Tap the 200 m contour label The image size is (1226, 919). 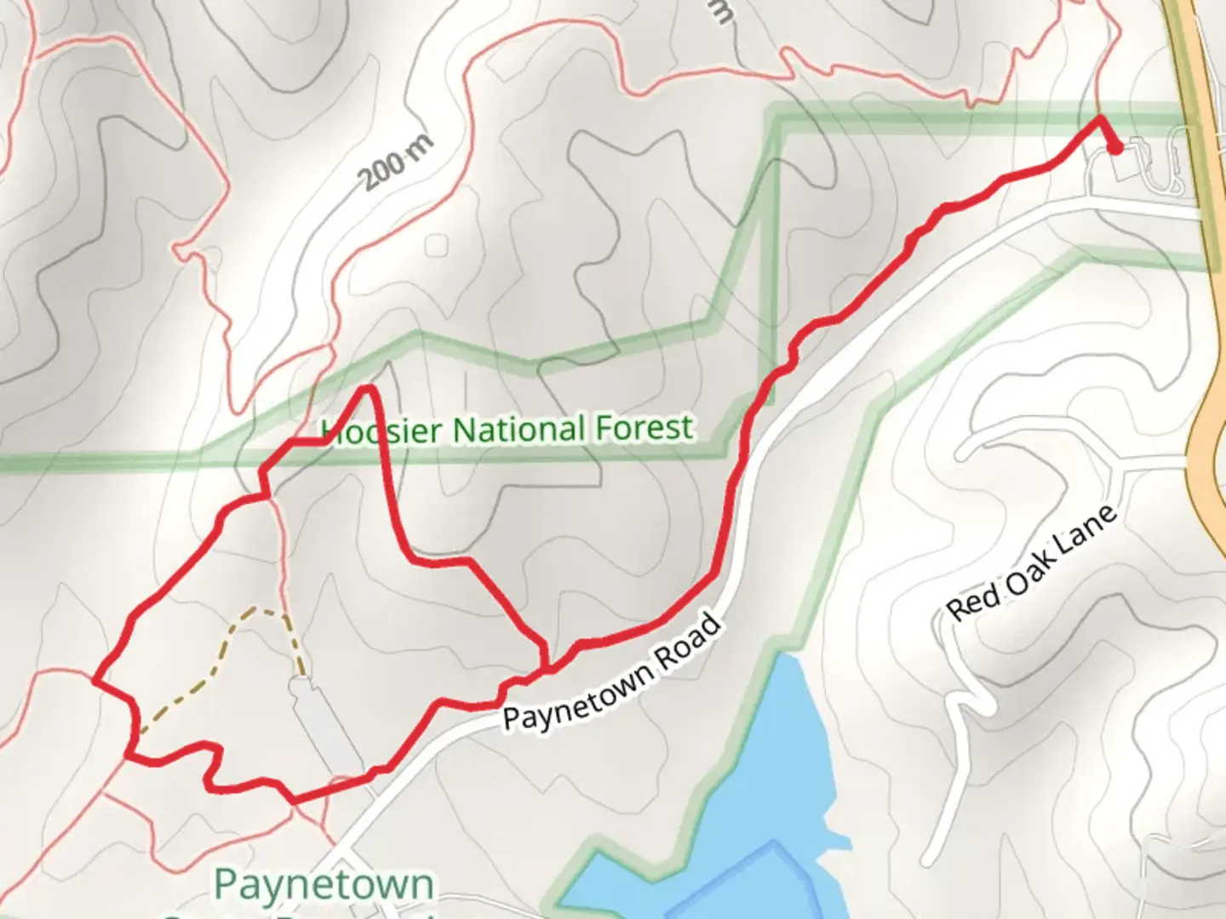point(395,162)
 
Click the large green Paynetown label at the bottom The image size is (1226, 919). point(324,885)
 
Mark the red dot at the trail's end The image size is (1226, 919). point(1114,148)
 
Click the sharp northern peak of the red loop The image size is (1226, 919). point(369,389)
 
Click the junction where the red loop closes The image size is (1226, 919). point(545,669)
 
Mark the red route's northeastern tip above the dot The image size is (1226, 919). point(1098,117)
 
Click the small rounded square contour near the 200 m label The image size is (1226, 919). point(437,245)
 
